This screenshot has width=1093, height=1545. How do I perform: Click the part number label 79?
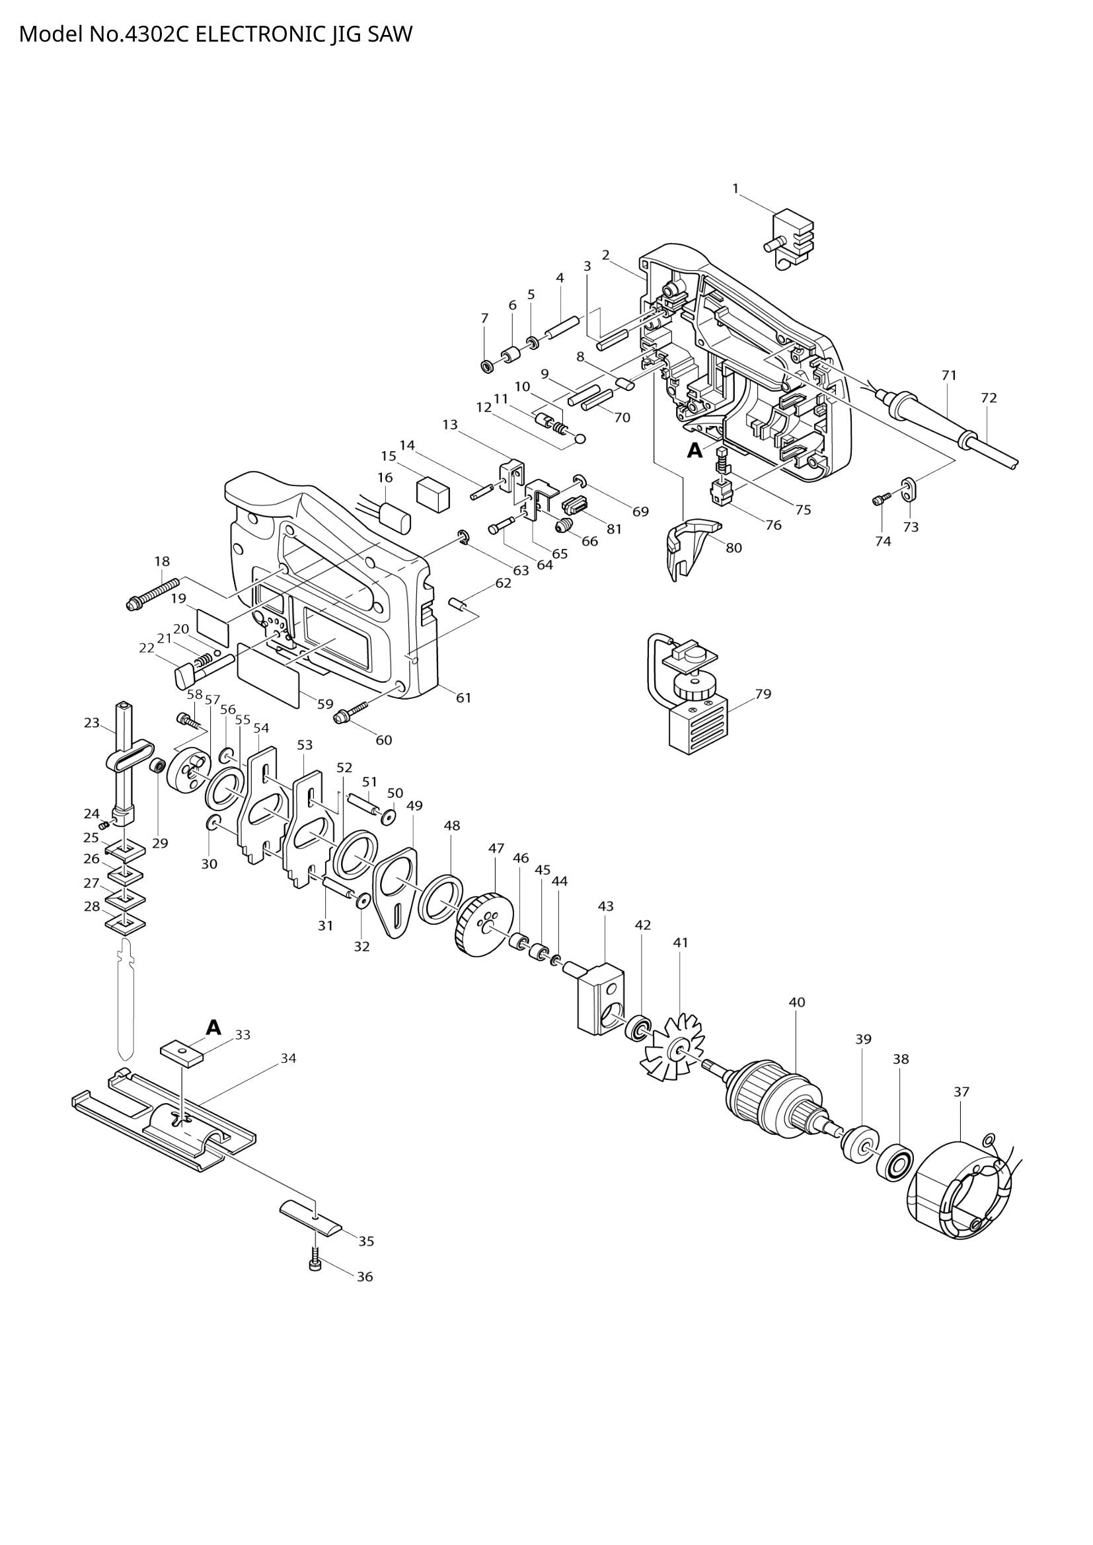click(x=763, y=694)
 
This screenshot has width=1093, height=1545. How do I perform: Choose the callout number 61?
click(x=464, y=698)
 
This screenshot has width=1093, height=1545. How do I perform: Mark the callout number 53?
click(x=305, y=745)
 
